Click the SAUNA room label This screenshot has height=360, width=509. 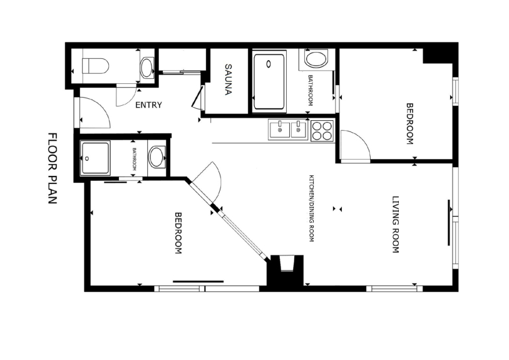click(229, 80)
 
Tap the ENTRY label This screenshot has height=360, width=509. click(148, 105)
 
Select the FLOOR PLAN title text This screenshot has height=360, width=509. click(53, 168)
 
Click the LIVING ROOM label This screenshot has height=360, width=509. click(396, 224)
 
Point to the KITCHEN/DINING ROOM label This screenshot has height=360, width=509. click(311, 208)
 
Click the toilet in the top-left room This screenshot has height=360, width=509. click(95, 66)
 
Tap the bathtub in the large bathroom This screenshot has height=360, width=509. click(269, 82)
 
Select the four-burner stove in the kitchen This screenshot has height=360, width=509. click(322, 131)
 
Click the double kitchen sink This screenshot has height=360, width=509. click(288, 130)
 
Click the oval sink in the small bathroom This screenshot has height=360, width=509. click(157, 157)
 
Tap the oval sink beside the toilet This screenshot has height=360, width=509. click(147, 68)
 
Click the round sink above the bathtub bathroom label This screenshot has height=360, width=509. click(316, 59)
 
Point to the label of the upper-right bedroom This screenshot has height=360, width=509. click(410, 124)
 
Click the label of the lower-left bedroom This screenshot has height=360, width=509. click(178, 233)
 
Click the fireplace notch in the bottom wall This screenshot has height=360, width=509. click(287, 264)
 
